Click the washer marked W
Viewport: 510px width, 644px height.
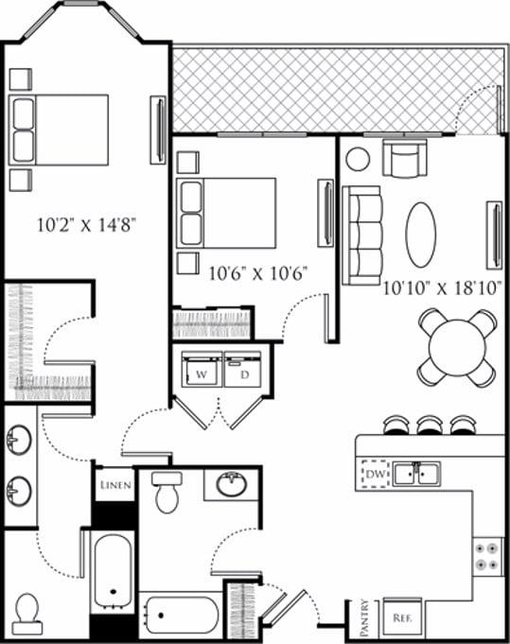[x=200, y=371]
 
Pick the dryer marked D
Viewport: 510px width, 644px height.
[x=242, y=371]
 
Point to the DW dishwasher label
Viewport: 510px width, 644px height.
[x=374, y=472]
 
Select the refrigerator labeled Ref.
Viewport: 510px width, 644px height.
[x=401, y=618]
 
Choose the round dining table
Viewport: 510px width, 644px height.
[x=457, y=347]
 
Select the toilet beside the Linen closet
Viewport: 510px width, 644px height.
[x=167, y=492]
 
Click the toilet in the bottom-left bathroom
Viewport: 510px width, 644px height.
[x=27, y=613]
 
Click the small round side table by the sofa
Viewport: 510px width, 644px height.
[x=358, y=158]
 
